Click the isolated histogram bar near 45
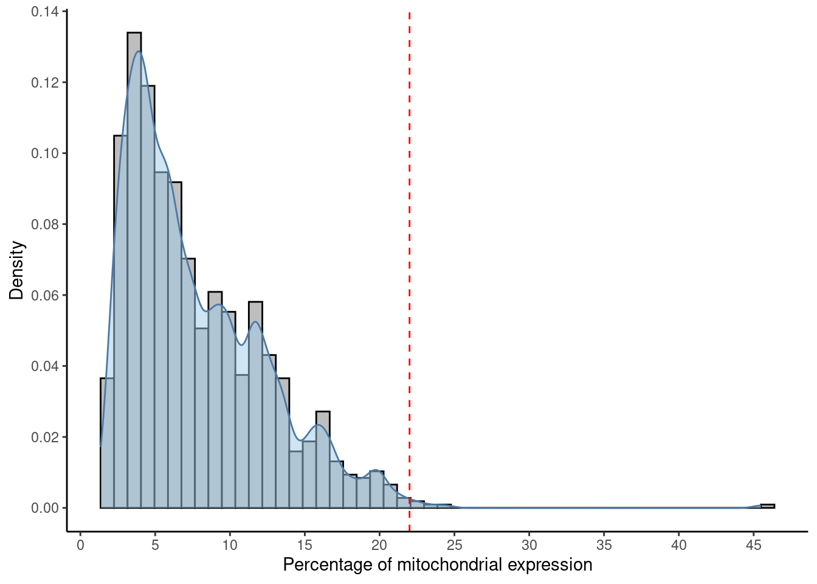767,506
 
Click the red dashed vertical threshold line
409,243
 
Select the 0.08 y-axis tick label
46,224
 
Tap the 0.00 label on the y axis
46,508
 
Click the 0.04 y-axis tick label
46,366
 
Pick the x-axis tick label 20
379,545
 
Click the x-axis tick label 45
754,545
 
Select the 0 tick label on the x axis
80,545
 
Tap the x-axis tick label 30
529,545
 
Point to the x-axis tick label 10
230,545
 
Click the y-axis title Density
17,270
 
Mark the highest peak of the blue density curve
139,52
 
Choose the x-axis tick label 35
604,545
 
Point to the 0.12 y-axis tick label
46,83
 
